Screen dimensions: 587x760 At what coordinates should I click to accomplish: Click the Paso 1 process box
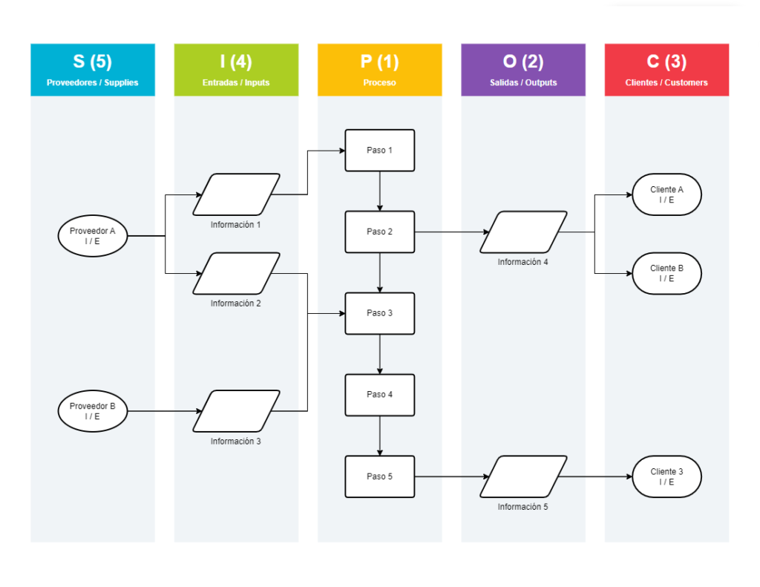pos(379,151)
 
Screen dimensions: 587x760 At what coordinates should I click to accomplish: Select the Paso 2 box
pos(379,232)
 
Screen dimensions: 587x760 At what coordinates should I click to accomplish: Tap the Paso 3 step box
pos(379,313)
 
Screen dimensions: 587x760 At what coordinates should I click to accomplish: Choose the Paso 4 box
pos(379,395)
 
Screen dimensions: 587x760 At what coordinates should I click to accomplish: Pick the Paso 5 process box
pos(379,476)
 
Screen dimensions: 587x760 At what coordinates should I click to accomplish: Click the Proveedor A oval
pos(92,236)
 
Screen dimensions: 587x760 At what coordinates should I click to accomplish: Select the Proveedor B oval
pos(92,411)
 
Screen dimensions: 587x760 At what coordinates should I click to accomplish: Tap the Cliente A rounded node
pos(666,194)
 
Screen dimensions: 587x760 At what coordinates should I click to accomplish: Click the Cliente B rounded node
pos(666,273)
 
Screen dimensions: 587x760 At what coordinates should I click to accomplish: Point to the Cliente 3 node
pos(666,476)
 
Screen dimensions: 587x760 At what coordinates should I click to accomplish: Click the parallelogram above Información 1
pos(236,194)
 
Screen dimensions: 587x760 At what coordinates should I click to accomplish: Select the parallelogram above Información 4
pos(523,232)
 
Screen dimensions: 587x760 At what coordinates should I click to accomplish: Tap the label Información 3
pos(235,442)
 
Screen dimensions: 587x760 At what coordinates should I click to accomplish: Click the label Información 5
pos(522,507)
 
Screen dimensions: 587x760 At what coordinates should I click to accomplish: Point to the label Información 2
pos(235,304)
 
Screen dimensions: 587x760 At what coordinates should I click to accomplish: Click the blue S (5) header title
pos(92,62)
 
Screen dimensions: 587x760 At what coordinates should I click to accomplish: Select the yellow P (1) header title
pos(379,62)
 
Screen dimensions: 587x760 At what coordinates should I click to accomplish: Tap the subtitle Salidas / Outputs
pos(523,82)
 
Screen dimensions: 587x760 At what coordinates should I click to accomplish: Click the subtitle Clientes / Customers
pos(666,82)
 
